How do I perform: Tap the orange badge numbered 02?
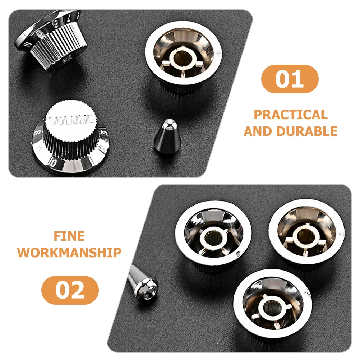(70, 290)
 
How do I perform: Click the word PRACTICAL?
(291, 115)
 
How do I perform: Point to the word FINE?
(69, 236)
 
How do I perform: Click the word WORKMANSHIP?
(69, 252)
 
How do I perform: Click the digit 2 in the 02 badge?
(78, 290)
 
